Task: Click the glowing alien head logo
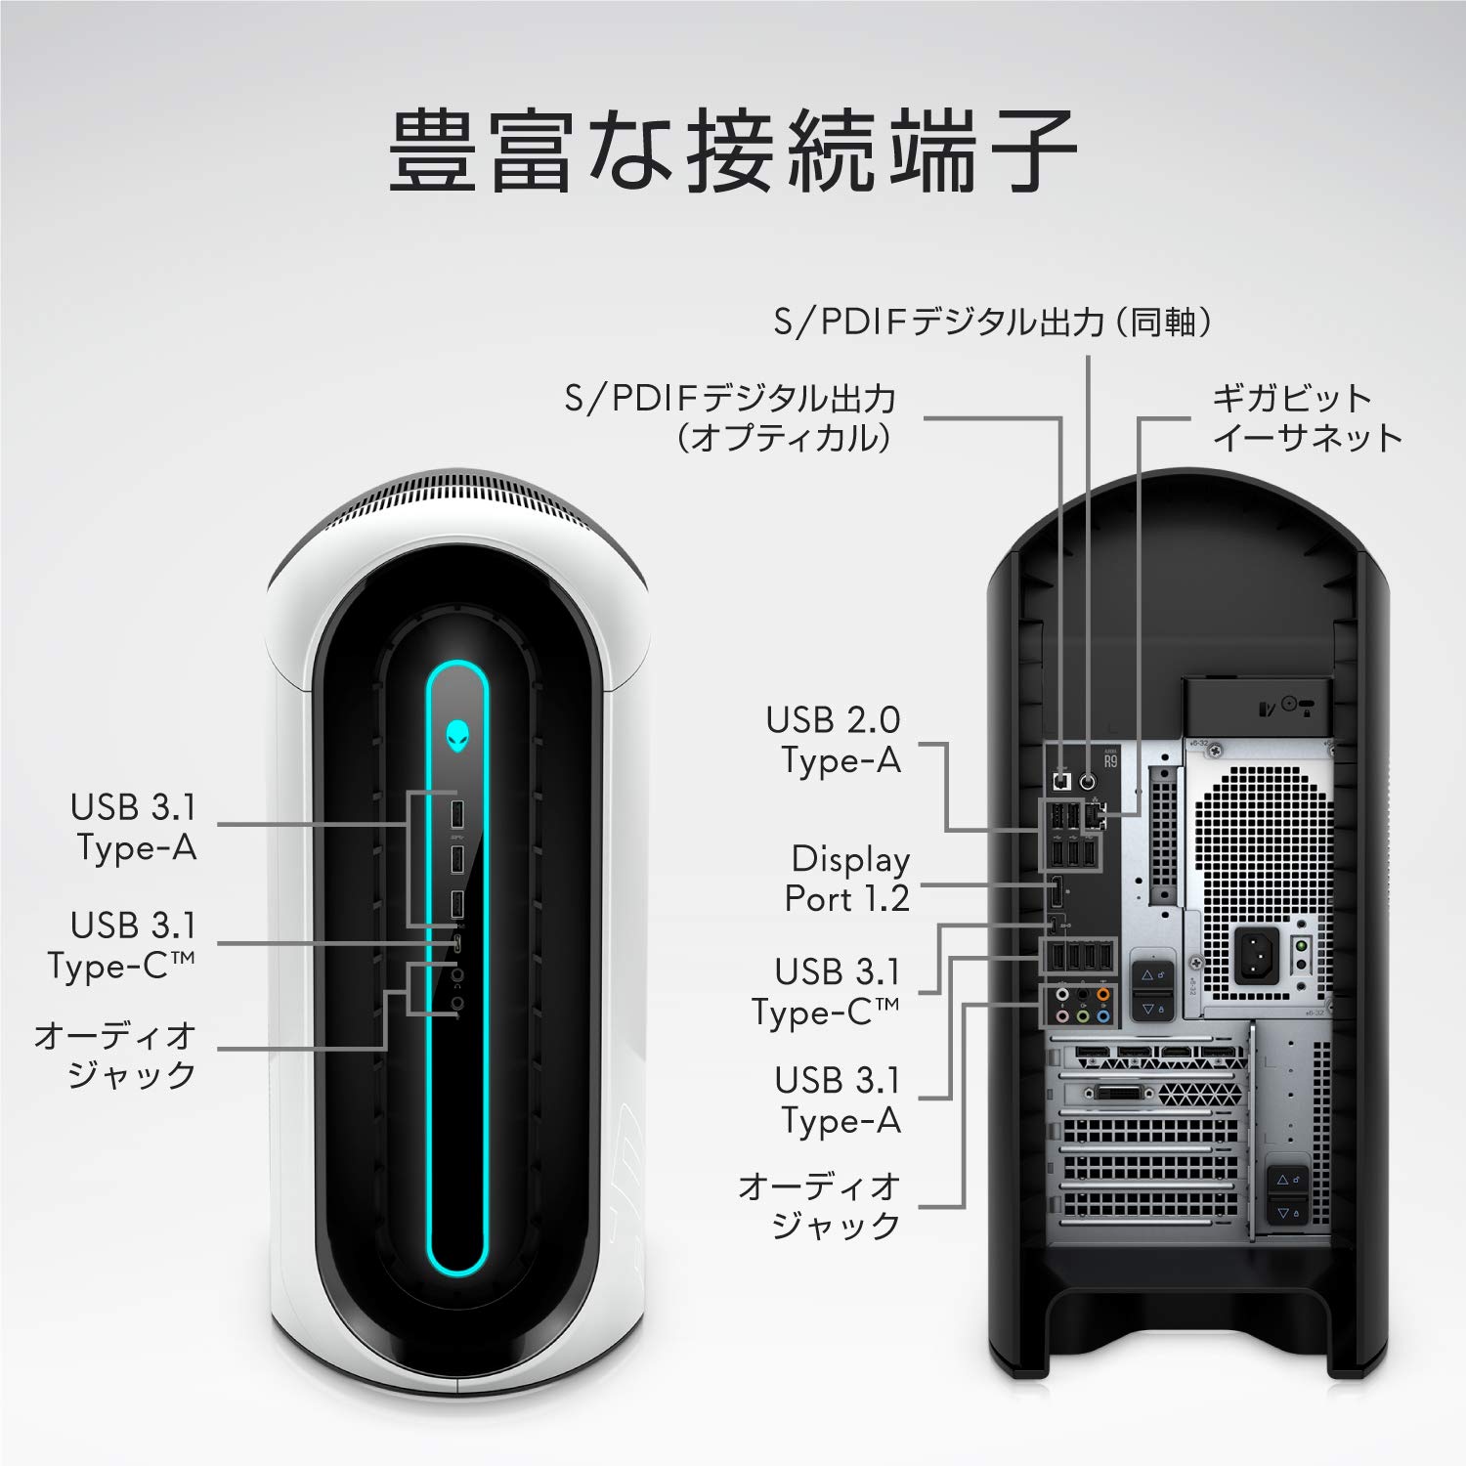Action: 457,736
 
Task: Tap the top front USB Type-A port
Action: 456,813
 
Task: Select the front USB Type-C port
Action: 457,943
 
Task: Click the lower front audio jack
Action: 457,1003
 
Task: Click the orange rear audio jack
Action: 1102,995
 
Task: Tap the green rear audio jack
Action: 1083,1016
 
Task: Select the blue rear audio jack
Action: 1102,1016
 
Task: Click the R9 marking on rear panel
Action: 1110,760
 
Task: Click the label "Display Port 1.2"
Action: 847,879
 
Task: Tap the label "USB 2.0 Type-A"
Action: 834,740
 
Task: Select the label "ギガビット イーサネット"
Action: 1307,418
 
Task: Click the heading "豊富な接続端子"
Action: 732,151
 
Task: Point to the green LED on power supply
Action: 1301,946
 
